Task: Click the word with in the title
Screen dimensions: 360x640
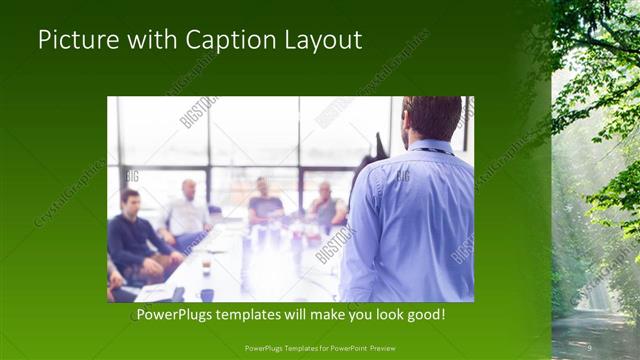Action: click(x=146, y=41)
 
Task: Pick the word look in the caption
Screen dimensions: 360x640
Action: click(x=384, y=315)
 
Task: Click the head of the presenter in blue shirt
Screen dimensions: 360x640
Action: click(x=432, y=119)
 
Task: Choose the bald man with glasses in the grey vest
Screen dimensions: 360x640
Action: click(x=326, y=205)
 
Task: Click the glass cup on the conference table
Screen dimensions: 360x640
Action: click(x=206, y=266)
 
